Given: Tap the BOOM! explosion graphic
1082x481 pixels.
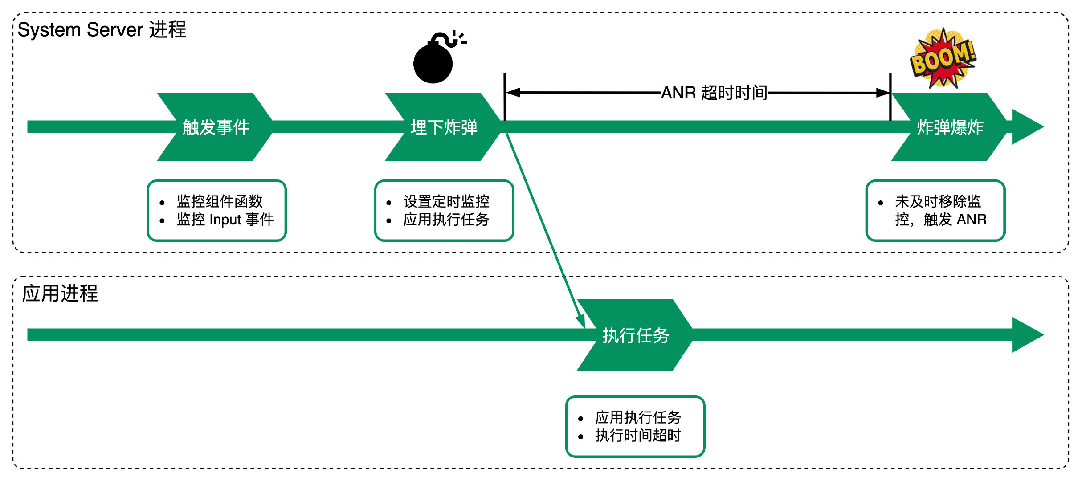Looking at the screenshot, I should [943, 58].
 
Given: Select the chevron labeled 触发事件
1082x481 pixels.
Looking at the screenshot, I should [216, 127].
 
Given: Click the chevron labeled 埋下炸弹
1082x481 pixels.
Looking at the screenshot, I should [444, 127].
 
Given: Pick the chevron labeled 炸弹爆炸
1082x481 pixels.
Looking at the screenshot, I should [950, 127].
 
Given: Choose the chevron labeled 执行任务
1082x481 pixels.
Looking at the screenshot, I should [635, 335].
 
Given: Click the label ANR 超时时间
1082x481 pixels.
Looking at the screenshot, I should [714, 93].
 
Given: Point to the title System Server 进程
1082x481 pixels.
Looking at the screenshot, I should [102, 30].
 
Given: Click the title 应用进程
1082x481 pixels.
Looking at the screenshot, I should [60, 293].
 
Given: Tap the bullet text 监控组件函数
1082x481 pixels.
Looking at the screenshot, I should [220, 201].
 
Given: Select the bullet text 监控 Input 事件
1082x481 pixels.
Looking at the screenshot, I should [225, 220].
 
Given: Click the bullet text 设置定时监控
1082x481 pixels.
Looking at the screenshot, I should [446, 201].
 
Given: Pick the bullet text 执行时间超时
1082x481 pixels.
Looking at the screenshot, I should [638, 435].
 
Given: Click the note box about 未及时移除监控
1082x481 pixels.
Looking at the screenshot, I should [935, 211].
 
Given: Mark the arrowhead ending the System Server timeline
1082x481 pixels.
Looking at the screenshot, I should [1027, 126].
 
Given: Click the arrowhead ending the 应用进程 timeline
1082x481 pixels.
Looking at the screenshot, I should [1027, 335].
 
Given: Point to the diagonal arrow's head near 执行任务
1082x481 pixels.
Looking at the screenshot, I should [581, 322].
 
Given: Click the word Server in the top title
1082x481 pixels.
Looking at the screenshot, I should [114, 30].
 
